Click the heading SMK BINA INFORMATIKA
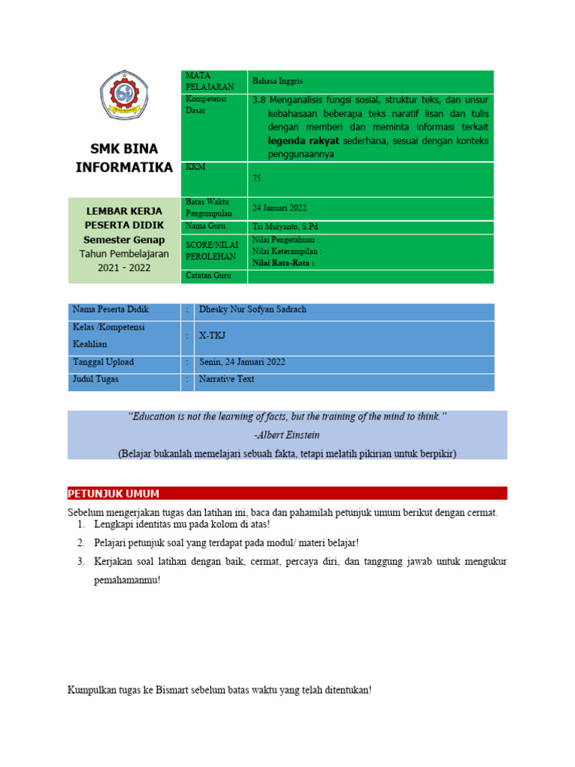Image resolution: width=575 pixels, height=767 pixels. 124,157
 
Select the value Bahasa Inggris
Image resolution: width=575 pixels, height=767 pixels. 278,81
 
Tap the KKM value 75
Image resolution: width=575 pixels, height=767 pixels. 257,179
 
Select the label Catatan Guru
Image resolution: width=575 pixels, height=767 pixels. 207,276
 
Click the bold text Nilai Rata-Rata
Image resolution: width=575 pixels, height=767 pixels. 283,263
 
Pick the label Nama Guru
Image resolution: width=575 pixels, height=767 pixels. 205,226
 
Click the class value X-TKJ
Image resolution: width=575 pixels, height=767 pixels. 212,336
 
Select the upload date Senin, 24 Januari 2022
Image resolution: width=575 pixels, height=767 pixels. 242,362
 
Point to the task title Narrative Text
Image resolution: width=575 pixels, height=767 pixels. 226,379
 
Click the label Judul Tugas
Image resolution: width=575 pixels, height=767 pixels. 95,379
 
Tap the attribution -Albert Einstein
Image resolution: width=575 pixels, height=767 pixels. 287,434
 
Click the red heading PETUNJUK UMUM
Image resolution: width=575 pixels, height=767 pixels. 113,493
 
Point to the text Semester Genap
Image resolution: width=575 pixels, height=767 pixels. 124,239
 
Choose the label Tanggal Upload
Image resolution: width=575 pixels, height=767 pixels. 103,362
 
